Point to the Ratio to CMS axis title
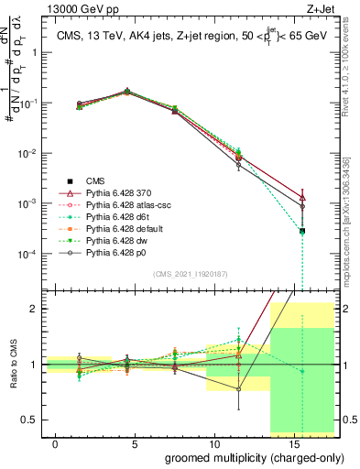pyautogui.click(x=12, y=365)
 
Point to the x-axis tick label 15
pyautogui.click(x=294, y=442)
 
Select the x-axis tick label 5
pyautogui.click(x=135, y=442)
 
